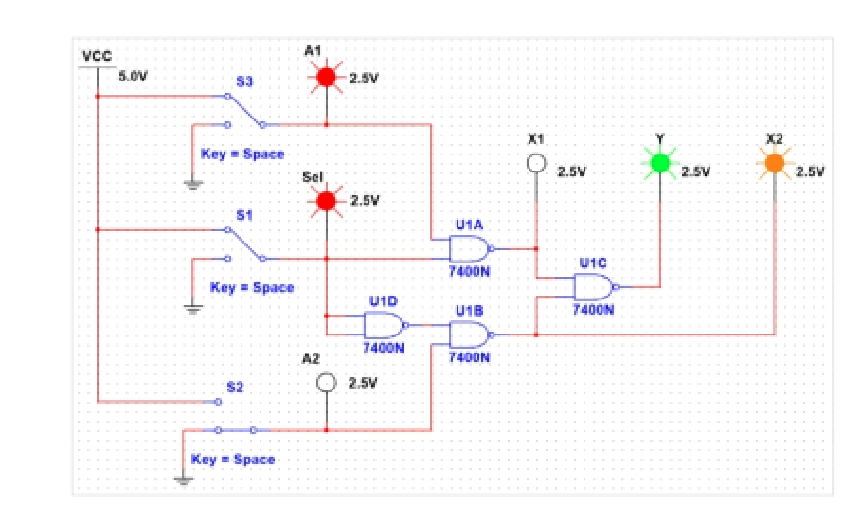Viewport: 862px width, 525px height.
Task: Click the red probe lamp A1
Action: point(326,78)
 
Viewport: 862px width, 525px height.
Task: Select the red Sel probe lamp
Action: point(326,201)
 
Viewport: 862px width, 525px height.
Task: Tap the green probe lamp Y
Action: point(660,164)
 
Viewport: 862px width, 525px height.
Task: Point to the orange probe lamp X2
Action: point(775,164)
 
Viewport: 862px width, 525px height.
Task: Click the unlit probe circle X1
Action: point(536,164)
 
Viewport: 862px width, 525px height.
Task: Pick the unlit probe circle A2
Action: point(326,382)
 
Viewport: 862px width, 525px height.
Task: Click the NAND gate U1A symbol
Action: point(470,249)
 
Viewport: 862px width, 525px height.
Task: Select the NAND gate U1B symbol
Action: point(470,334)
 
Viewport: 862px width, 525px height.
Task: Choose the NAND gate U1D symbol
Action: point(384,325)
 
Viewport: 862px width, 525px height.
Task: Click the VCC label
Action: point(97,56)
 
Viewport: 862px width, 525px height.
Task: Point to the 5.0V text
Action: point(133,76)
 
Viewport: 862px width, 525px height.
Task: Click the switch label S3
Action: point(243,82)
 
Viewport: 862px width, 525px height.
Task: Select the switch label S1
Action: point(243,216)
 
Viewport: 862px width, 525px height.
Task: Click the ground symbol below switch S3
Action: point(193,184)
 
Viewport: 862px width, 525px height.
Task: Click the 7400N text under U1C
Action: point(593,309)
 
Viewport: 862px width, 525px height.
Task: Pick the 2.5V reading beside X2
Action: point(810,172)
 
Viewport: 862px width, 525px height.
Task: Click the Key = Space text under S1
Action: point(251,287)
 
